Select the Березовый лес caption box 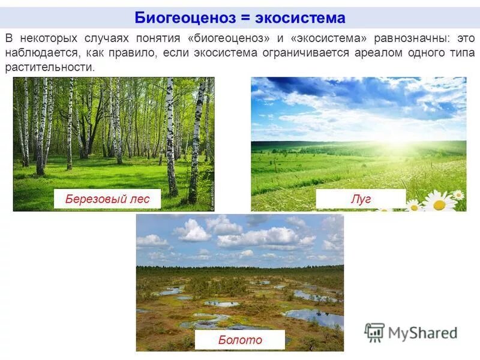(107, 199)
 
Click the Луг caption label (361, 199)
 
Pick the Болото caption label (240, 340)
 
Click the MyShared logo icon (374, 332)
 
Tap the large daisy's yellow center (439, 205)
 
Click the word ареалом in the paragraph (371, 53)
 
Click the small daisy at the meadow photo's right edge (458, 194)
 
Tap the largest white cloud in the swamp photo (264, 237)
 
